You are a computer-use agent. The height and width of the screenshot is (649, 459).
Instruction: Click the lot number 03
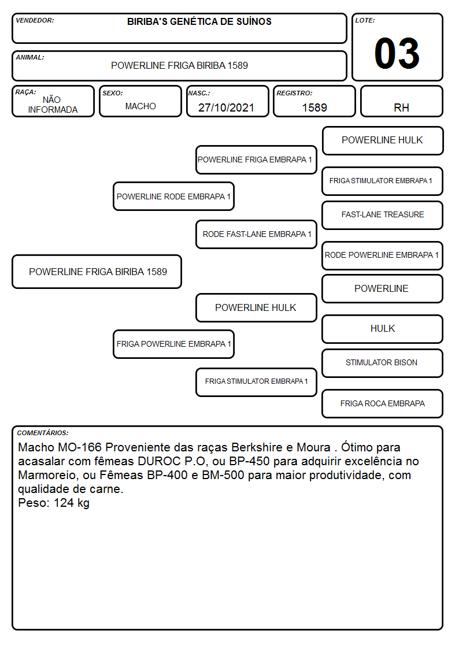(397, 53)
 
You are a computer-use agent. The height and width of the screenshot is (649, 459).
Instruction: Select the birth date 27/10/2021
(226, 107)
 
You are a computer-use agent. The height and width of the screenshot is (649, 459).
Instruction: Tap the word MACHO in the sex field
(140, 106)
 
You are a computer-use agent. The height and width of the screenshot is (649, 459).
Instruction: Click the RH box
(401, 101)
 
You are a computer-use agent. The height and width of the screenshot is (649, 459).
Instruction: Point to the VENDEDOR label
(35, 20)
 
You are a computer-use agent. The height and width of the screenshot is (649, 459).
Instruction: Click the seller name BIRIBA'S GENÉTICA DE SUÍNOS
(199, 21)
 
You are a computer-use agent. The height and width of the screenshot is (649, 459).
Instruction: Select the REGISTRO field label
(294, 93)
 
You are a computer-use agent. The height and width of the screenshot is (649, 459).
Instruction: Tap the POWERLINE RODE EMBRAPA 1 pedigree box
(173, 196)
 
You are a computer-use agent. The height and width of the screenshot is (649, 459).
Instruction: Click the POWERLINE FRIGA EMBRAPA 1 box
(256, 160)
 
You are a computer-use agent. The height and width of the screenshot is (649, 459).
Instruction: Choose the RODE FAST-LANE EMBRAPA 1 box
(256, 234)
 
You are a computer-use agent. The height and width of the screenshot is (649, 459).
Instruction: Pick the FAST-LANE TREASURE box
(383, 215)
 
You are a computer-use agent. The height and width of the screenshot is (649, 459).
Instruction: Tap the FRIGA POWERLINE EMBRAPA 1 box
(173, 344)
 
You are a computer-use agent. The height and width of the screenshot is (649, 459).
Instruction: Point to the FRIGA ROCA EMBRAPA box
(383, 403)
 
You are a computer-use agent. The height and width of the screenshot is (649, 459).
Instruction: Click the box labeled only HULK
(383, 329)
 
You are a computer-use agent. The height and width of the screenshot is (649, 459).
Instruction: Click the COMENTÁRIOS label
(43, 433)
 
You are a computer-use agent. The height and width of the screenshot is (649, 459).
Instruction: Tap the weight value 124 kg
(72, 503)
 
